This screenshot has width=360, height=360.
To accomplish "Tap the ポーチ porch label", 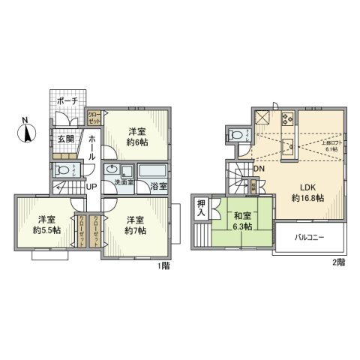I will click(x=68, y=100).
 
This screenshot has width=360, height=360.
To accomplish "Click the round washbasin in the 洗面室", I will click(x=111, y=169).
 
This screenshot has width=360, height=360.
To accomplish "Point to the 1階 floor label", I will click(x=164, y=265).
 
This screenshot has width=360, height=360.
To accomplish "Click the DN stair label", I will click(x=257, y=168).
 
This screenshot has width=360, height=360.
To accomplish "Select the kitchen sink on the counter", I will click(x=286, y=145).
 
